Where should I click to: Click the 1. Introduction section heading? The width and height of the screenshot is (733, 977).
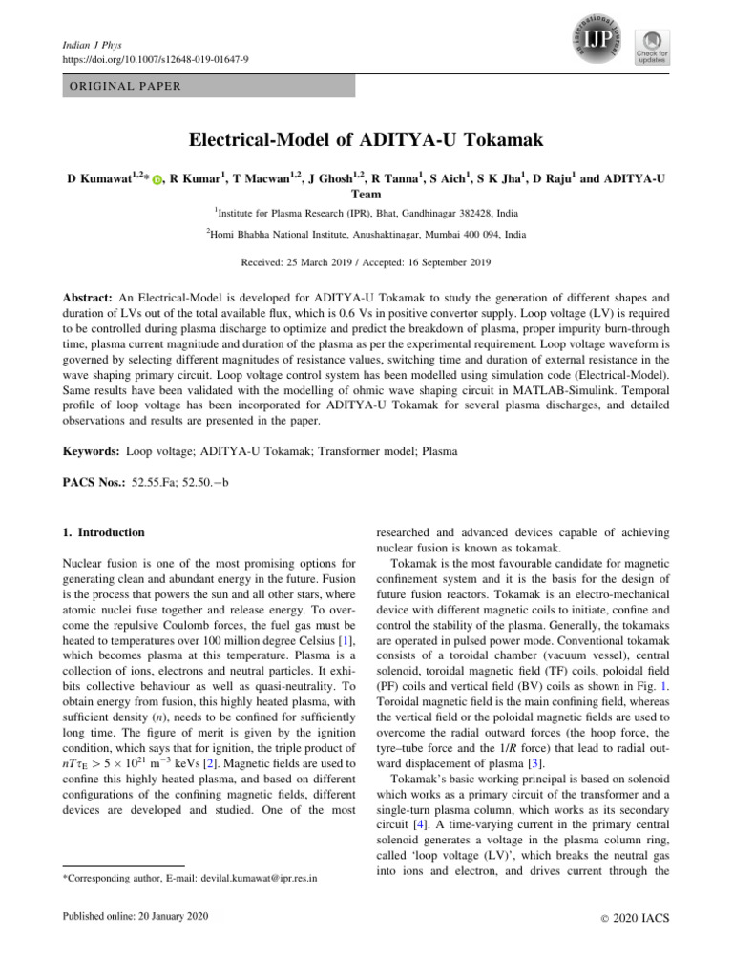click(x=97, y=532)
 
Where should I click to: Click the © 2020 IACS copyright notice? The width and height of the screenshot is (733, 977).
click(x=631, y=918)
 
